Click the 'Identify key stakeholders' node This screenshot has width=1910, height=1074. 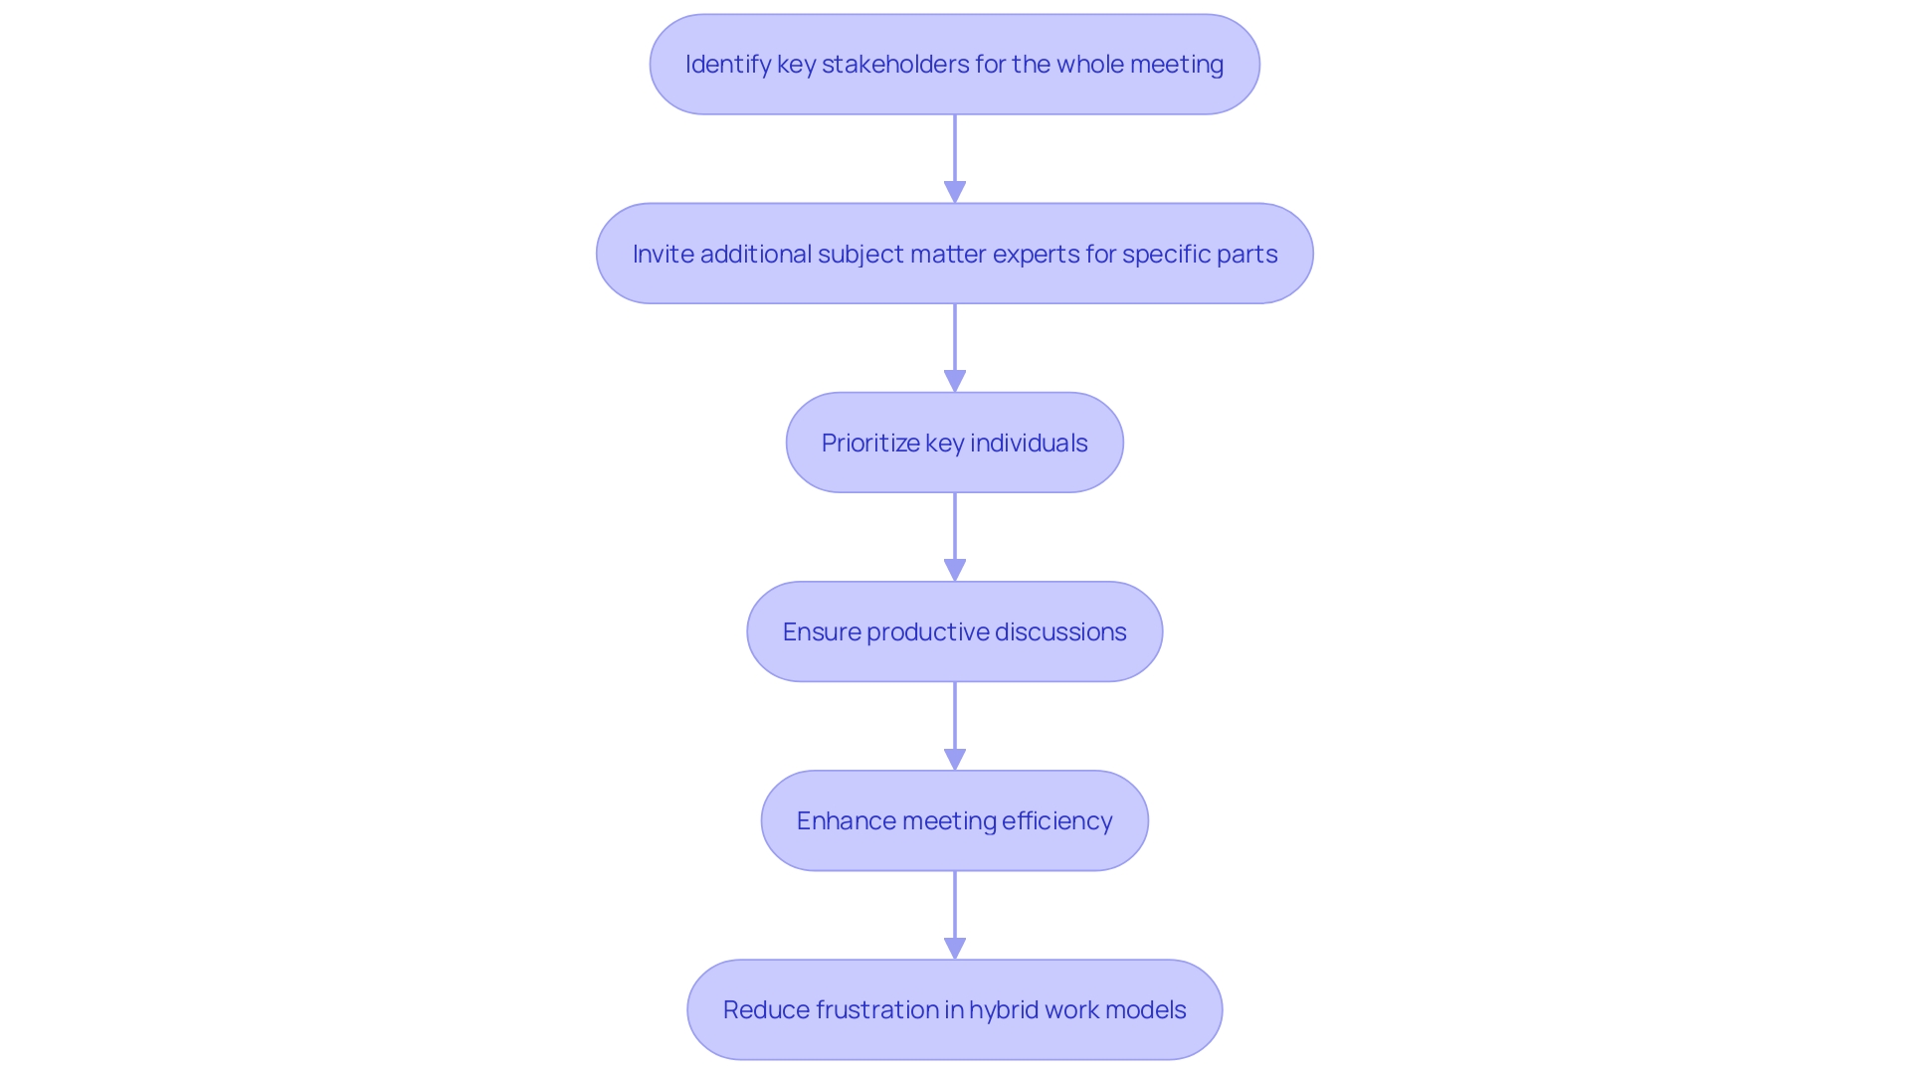pyautogui.click(x=954, y=65)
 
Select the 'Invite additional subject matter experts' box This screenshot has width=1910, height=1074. pyautogui.click(x=954, y=254)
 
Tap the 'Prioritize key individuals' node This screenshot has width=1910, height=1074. pyautogui.click(x=954, y=443)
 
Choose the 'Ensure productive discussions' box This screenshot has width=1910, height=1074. pyautogui.click(x=954, y=631)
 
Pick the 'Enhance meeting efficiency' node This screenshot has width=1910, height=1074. pyautogui.click(x=954, y=820)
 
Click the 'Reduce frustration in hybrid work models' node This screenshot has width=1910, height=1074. pyautogui.click(x=954, y=1009)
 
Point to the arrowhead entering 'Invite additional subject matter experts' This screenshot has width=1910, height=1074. pyautogui.click(x=955, y=191)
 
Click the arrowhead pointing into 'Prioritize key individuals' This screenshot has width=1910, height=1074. pyautogui.click(x=955, y=380)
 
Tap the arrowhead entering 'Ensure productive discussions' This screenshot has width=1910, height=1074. pyautogui.click(x=955, y=569)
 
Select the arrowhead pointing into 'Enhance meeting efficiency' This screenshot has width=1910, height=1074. pyautogui.click(x=955, y=758)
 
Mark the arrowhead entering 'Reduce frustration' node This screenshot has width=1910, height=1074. pyautogui.click(x=955, y=947)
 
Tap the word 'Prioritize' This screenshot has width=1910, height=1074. pyautogui.click(x=870, y=443)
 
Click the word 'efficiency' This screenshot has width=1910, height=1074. pyautogui.click(x=1056, y=821)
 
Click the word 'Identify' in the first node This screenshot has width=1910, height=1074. pyautogui.click(x=728, y=65)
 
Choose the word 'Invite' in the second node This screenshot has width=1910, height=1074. pyautogui.click(x=663, y=255)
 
